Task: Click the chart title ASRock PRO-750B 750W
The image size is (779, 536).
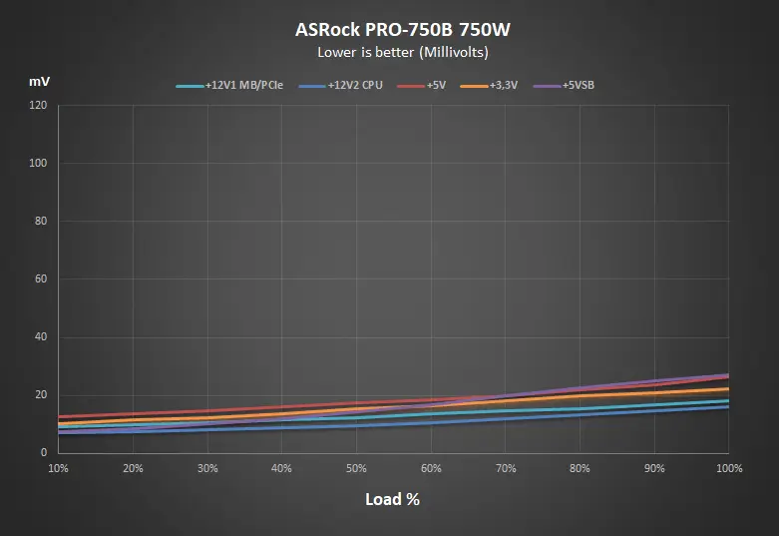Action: (389, 29)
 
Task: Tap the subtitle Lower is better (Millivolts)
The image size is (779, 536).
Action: (389, 51)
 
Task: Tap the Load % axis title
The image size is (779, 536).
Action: (392, 499)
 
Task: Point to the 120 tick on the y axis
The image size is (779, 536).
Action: (39, 105)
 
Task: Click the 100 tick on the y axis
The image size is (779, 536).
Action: (39, 163)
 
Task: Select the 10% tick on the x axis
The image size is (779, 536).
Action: (58, 467)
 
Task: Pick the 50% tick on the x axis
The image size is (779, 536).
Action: (356, 467)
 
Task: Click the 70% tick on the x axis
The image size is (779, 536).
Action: (506, 467)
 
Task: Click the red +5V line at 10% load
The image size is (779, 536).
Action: (60, 416)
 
